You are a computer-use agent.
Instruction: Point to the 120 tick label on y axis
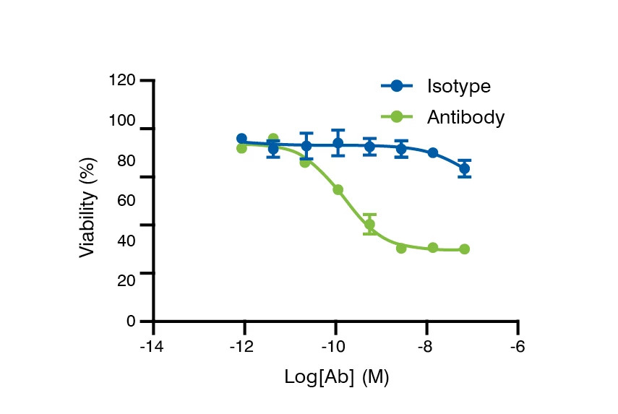pos(122,80)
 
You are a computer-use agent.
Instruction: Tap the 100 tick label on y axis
pos(122,120)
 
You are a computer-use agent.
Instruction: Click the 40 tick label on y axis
pos(125,240)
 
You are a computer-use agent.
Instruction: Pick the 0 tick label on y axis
pos(131,321)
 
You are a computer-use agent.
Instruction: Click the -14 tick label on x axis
pos(152,347)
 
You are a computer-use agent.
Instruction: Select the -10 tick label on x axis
pos(335,347)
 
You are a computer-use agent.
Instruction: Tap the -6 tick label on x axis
pos(518,347)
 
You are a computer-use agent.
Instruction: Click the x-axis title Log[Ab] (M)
pos(337,377)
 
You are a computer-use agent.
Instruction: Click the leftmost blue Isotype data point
pos(241,139)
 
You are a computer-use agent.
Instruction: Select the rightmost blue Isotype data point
pos(464,168)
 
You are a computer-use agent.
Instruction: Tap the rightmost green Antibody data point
pos(464,249)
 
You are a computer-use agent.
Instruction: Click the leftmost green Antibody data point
pos(241,147)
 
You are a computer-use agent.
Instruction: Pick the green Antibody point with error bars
pos(369,224)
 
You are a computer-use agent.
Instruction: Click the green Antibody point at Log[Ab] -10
pos(338,189)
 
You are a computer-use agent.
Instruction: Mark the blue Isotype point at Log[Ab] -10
pos(338,143)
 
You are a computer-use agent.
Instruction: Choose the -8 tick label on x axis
pos(426,347)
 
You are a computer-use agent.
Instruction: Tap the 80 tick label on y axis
pos(125,160)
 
